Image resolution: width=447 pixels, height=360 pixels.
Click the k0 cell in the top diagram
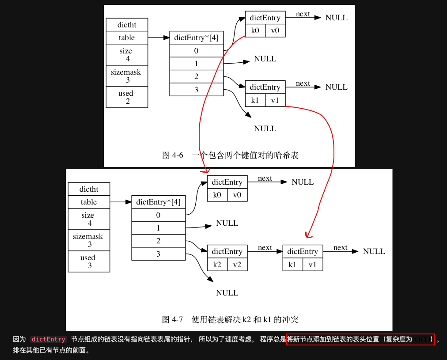coord(255,31)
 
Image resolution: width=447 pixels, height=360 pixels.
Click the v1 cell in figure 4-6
coord(275,100)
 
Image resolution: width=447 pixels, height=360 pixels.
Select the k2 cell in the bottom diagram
coord(217,265)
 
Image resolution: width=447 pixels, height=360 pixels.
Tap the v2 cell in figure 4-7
coord(237,265)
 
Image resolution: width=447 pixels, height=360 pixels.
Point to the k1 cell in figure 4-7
coord(292,265)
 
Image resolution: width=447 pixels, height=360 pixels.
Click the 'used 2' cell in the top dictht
coord(126,97)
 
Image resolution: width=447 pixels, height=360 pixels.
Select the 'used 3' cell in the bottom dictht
coord(88,261)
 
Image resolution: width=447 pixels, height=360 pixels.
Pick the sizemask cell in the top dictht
coord(126,76)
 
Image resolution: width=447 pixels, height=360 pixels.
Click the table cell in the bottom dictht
coord(88,202)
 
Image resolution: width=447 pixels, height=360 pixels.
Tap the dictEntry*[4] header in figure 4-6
coord(196,38)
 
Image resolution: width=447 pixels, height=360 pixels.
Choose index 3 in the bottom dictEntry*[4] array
coord(158,254)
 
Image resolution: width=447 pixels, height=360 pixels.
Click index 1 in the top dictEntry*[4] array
coord(196,64)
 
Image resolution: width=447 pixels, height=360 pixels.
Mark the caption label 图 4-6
coord(173,155)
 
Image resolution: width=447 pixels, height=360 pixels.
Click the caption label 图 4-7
coord(173,319)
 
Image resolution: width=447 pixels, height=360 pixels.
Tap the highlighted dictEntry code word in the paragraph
coord(49,339)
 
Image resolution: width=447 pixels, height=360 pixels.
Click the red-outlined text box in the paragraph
coord(360,339)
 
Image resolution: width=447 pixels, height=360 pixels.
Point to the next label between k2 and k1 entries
coord(265,248)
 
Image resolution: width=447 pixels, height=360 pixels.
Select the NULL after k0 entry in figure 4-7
coord(303,182)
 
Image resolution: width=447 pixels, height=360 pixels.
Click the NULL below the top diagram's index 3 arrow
coord(265,129)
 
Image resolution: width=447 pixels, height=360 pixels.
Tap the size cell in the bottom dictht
coord(88,219)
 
